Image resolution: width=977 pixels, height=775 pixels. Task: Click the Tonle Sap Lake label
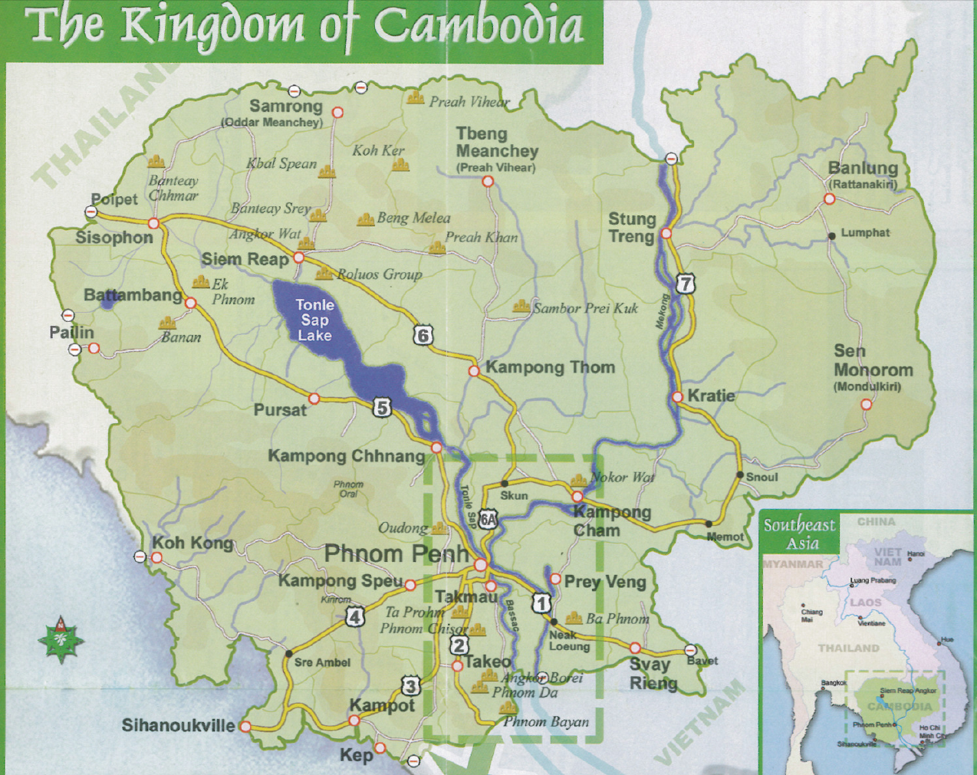(314, 320)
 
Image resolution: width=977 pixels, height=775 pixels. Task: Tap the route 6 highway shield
(423, 335)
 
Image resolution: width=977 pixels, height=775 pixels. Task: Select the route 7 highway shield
(685, 284)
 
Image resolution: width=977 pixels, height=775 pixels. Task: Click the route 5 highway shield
(382, 407)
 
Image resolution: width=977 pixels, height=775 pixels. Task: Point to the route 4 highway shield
(354, 616)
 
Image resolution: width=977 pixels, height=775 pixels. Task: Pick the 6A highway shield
(488, 520)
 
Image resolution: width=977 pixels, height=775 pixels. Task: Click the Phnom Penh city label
(396, 553)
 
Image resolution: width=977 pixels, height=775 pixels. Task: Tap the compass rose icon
(61, 639)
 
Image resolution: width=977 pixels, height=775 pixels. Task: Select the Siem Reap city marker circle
(299, 258)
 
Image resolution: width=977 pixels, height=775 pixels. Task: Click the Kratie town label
(711, 396)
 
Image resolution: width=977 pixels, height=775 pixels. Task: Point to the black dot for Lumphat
(832, 236)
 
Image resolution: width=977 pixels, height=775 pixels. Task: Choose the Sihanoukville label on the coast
(178, 725)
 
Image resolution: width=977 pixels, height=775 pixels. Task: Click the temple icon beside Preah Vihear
(416, 97)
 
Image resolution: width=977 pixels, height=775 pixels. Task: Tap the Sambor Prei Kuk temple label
(585, 308)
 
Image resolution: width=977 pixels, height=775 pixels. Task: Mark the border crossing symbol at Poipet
(91, 212)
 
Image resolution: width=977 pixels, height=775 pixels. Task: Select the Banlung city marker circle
(829, 199)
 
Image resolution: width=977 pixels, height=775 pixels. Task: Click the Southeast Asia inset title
(799, 534)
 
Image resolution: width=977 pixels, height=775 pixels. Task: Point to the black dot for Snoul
(740, 475)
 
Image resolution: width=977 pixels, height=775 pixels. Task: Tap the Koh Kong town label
(192, 543)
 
